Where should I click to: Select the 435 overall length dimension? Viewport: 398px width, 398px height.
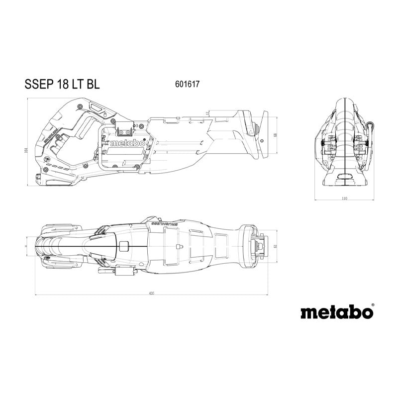(x=151, y=294)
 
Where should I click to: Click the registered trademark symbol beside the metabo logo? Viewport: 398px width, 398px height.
(x=373, y=305)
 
